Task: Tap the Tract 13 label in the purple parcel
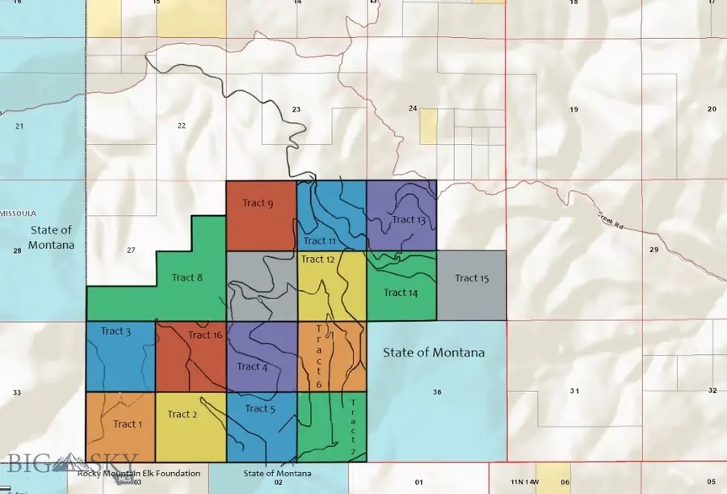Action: [409, 220]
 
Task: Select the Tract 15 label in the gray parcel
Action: [472, 278]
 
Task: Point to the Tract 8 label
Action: [187, 277]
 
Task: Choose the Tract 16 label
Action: [204, 335]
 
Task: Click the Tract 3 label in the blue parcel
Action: [116, 331]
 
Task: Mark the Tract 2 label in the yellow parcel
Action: [183, 414]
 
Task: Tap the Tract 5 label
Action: [260, 408]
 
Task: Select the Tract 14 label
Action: [401, 292]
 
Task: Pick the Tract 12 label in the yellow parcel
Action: [317, 260]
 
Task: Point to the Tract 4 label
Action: [252, 366]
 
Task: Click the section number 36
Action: [437, 392]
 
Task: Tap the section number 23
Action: [296, 109]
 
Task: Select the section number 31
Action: [574, 391]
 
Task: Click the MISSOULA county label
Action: [18, 213]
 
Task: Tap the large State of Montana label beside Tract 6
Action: [434, 353]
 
